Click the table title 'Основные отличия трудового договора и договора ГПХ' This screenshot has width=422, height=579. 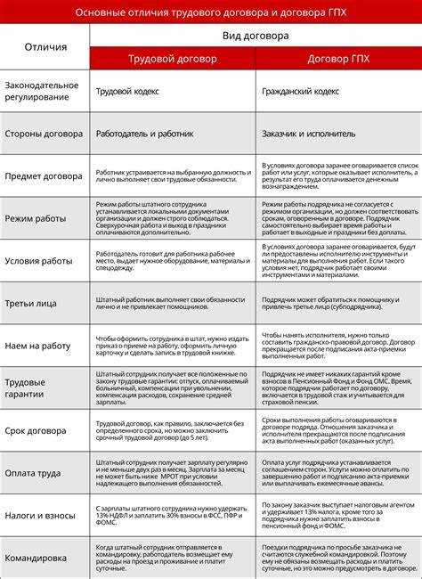211,12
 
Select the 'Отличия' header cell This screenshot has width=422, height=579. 45,46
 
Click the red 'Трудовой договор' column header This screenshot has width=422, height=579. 172,58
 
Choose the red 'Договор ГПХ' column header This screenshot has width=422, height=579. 338,58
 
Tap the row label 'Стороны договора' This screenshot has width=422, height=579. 45,135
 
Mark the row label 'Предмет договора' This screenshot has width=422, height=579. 45,175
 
